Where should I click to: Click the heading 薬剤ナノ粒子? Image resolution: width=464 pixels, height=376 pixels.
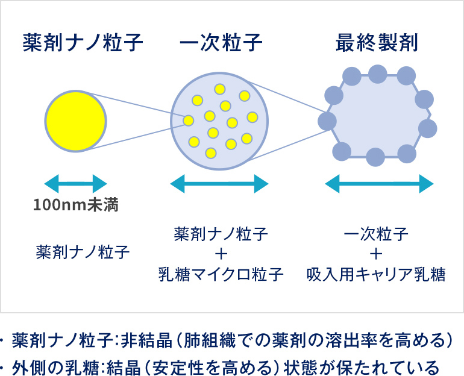pos(83,43)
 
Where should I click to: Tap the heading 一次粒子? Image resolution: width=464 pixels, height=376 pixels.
pos(221,43)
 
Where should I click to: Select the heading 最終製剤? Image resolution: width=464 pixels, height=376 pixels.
pos(377,43)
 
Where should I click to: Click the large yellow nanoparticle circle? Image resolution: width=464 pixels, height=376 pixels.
pos(76,121)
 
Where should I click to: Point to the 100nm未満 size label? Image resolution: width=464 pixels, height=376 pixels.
pos(76,205)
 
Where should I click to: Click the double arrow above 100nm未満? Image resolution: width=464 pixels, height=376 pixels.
pos(76,184)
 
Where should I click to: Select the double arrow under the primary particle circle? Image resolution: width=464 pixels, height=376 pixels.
pos(219,184)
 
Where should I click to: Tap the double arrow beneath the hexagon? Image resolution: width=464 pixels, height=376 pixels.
pos(380,184)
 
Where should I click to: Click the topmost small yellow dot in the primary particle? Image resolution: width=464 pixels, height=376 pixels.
pos(220,89)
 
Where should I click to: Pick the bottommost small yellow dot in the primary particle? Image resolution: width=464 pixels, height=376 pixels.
pos(211,153)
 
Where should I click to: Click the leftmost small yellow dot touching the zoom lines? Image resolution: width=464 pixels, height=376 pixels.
pos(188,121)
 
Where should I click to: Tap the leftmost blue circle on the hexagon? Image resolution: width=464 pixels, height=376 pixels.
pos(327,121)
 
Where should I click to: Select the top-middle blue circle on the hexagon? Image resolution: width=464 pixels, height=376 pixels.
pos(378,74)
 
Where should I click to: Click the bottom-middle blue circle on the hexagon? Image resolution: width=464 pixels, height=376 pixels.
pos(375,157)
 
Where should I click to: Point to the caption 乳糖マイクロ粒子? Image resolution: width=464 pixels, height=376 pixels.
pos(221,274)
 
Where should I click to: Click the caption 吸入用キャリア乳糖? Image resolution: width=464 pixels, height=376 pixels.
pos(376,274)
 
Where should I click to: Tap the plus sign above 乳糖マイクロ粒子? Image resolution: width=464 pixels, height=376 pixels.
pos(221,254)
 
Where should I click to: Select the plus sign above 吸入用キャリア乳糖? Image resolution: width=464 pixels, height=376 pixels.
pos(376,254)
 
